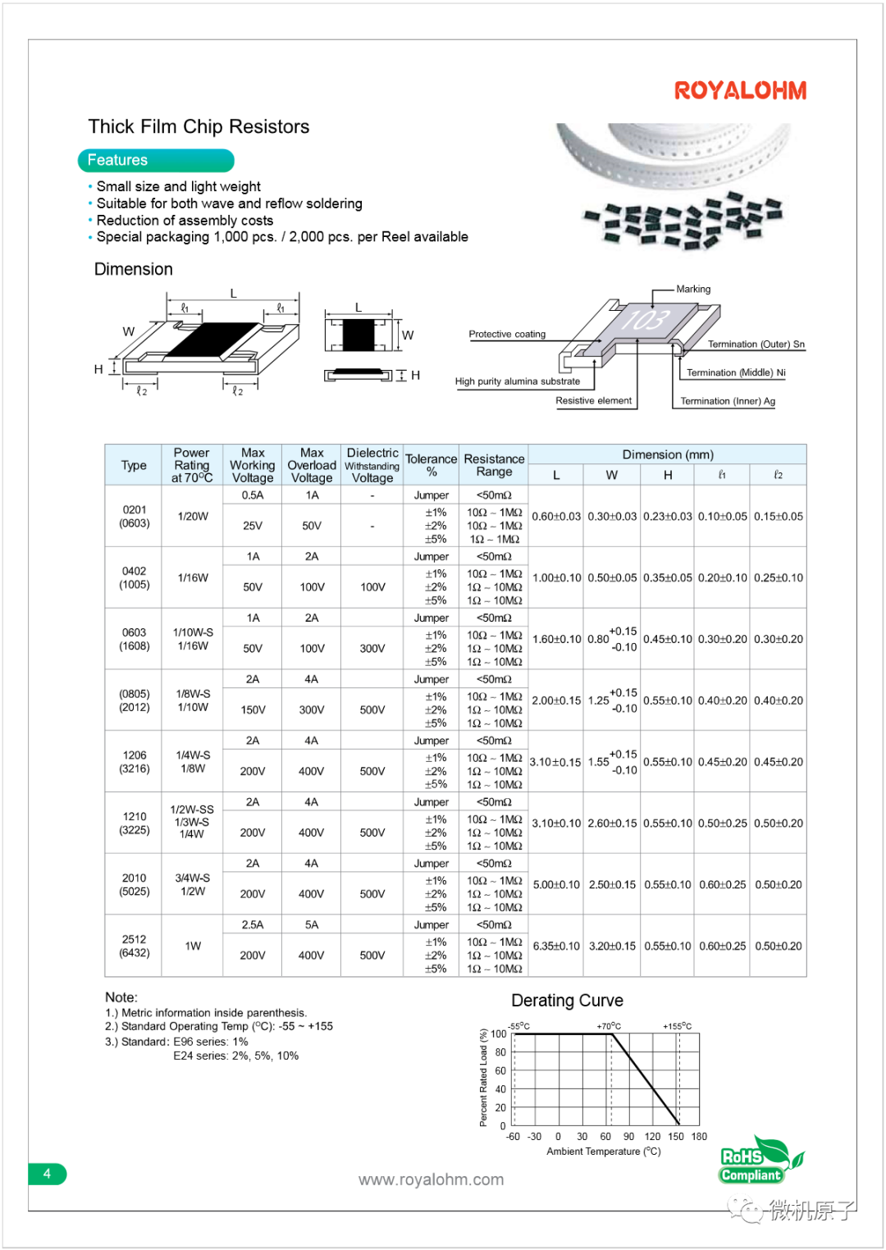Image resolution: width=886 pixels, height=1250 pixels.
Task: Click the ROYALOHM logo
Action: [x=740, y=90]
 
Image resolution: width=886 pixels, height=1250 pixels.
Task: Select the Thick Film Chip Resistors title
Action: [x=199, y=126]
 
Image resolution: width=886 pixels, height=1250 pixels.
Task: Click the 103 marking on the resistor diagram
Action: [x=646, y=318]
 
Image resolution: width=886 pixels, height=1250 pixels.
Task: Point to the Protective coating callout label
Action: [x=507, y=334]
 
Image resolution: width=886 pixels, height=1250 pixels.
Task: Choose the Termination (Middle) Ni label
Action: [x=736, y=372]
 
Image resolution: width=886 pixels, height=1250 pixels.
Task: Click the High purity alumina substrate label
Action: [x=517, y=381]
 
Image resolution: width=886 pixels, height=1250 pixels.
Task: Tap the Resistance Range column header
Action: [x=494, y=465]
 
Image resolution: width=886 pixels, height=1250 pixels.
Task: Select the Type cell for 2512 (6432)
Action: [x=135, y=946]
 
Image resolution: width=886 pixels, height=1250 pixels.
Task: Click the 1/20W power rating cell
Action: [x=193, y=516]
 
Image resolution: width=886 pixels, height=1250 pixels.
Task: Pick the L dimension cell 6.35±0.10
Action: [x=556, y=946]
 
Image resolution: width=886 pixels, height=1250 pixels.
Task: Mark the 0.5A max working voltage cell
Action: [x=253, y=495]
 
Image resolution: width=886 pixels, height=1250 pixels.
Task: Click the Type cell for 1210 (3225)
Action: [x=135, y=823]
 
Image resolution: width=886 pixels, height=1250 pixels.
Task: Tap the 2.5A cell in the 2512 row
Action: [x=253, y=924]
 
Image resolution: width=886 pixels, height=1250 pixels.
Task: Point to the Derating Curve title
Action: [x=567, y=1001]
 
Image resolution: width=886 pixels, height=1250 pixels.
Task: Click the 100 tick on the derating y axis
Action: [x=499, y=1034]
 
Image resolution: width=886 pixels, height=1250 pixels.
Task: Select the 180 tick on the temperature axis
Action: [x=699, y=1137]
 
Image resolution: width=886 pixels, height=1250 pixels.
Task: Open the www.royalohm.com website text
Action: [x=431, y=1179]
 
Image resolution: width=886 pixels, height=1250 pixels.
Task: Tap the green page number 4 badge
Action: [x=47, y=1174]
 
